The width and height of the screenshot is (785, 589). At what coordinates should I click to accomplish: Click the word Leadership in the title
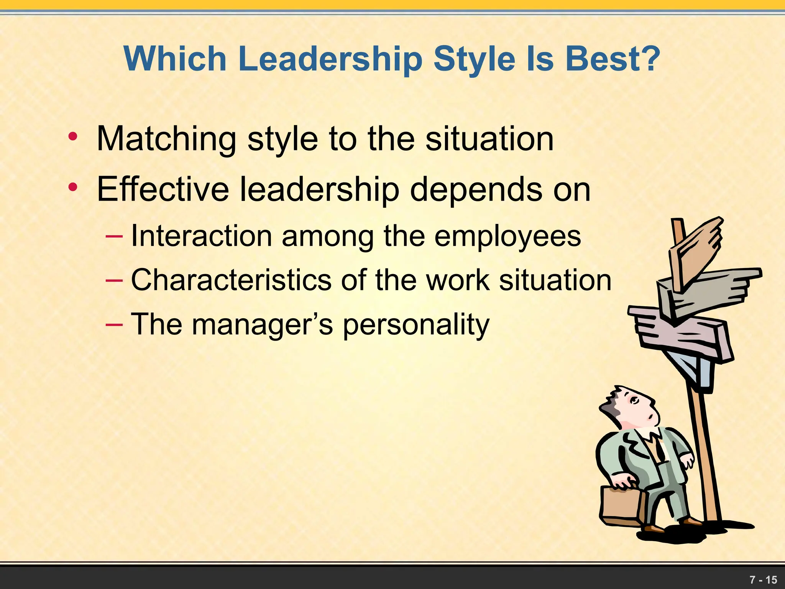pyautogui.click(x=330, y=59)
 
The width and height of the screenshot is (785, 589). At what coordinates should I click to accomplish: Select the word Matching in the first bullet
pyautogui.click(x=166, y=139)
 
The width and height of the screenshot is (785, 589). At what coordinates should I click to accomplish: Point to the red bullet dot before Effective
pyautogui.click(x=72, y=188)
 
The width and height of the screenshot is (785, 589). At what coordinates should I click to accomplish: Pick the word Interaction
pyautogui.click(x=202, y=236)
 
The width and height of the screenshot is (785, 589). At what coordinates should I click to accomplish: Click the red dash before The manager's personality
pyautogui.click(x=114, y=324)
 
